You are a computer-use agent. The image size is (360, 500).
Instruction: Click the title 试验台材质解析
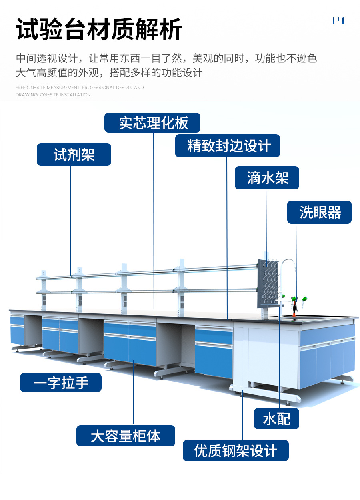coord(99,30)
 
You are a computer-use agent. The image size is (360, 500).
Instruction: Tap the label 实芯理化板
coord(152,123)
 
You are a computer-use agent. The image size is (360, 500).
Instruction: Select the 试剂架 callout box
coord(74,155)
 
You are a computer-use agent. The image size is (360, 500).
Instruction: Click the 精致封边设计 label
coord(228,146)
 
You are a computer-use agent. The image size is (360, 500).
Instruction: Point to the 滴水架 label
coord(267,178)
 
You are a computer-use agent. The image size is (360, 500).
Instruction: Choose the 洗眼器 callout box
coord(319,212)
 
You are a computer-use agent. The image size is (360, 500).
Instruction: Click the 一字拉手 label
coord(61,383)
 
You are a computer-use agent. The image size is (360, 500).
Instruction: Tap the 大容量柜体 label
coord(126,436)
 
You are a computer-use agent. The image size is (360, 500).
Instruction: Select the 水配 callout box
coord(276,419)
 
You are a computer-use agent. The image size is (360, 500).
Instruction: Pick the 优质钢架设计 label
coord(236,450)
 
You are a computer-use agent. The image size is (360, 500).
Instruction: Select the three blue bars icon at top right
coord(338,21)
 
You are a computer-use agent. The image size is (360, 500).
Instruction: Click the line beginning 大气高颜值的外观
coord(109,73)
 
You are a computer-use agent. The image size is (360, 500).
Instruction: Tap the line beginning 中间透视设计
coord(166,58)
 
